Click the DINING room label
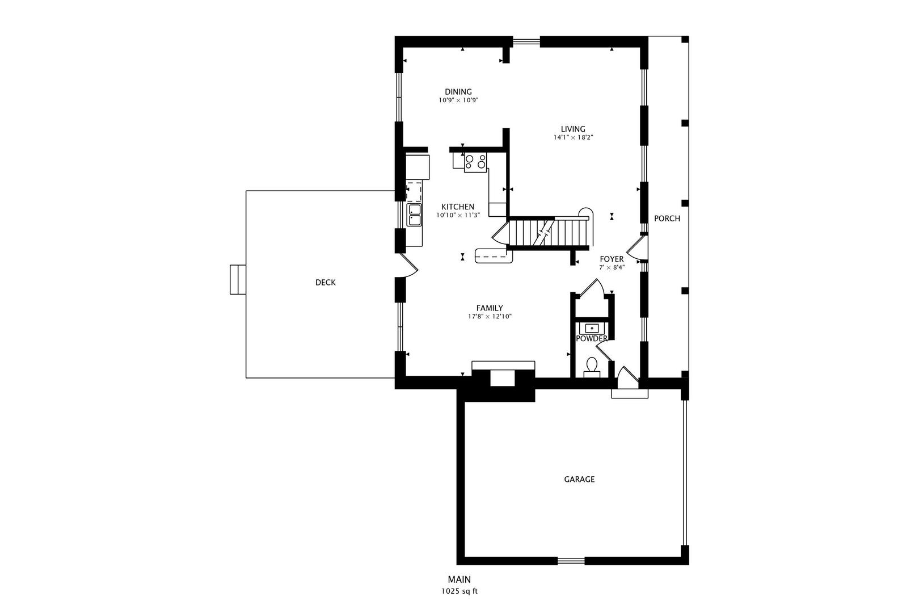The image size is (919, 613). point(458,92)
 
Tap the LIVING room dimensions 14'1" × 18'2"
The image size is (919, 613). point(573,137)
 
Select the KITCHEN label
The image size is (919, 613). point(458,207)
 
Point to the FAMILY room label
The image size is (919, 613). point(489,308)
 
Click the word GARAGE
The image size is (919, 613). point(579,479)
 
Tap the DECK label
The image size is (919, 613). point(325,282)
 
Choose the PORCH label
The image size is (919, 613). point(667,218)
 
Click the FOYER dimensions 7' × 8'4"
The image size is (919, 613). point(612,267)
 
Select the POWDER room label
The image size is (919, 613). point(592,338)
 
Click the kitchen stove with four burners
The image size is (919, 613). point(475,163)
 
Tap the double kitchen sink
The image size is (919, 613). point(414,215)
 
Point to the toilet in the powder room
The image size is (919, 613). point(592,365)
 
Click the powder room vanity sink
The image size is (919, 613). point(592,328)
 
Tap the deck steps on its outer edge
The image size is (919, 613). point(237,279)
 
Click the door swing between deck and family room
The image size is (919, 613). point(407,266)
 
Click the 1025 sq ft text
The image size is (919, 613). point(459,591)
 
